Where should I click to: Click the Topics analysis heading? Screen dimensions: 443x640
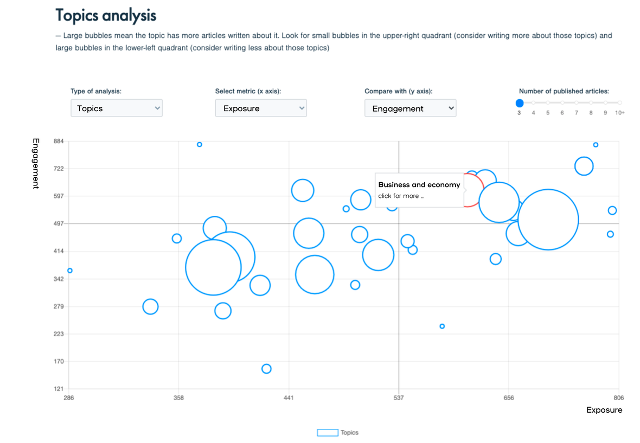(106, 16)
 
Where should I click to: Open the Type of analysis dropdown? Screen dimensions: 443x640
(116, 108)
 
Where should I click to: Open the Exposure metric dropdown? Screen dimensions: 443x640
(260, 108)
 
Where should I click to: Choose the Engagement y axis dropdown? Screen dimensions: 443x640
(410, 108)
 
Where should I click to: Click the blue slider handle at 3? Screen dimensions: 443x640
(520, 103)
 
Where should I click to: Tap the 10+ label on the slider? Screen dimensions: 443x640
(620, 113)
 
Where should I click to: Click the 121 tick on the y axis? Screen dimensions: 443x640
(57, 389)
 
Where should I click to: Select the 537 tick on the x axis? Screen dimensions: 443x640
(399, 398)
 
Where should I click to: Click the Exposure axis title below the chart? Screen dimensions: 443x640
(604, 410)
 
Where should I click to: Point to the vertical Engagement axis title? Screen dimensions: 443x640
(36, 163)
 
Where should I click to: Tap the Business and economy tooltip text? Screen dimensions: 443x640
(419, 185)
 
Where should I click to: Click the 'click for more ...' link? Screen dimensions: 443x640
(401, 196)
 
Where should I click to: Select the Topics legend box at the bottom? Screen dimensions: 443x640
(328, 433)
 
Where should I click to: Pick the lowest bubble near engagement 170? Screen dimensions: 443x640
(266, 369)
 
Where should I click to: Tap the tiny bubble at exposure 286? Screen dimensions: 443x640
(70, 271)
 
